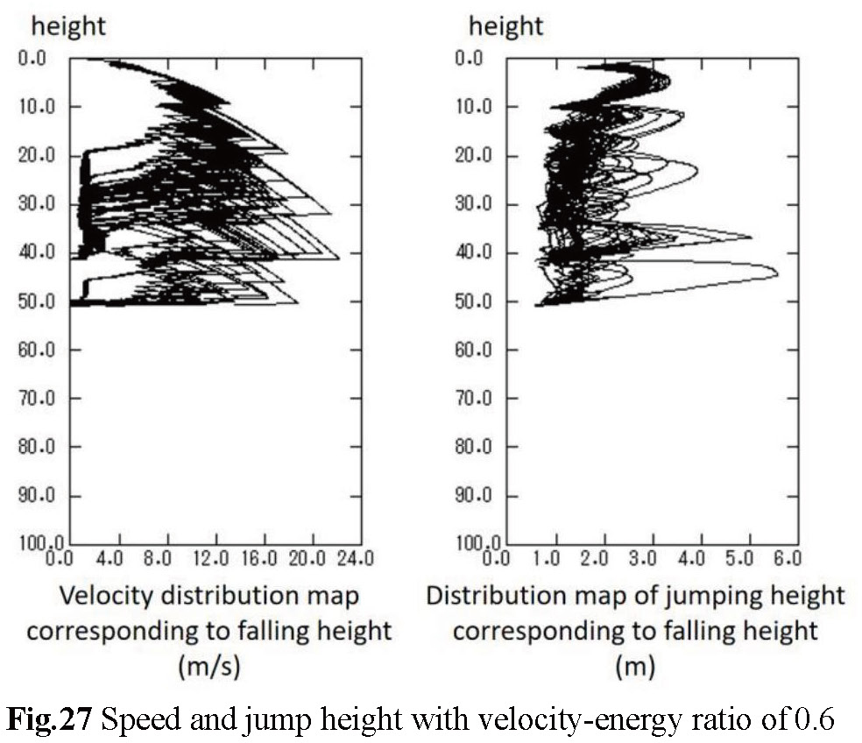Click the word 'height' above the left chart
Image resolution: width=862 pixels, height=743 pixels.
tap(68, 25)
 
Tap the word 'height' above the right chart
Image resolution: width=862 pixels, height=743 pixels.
tap(505, 25)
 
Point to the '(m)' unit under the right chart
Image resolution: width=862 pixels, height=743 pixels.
tap(634, 668)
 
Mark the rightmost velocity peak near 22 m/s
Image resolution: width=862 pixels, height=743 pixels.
tap(339, 258)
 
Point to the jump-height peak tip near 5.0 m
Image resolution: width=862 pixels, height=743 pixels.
tap(751, 237)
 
